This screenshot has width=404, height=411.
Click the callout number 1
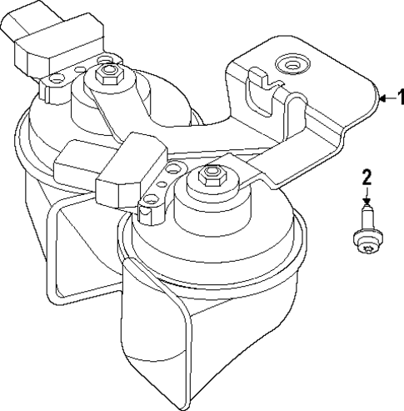(397, 98)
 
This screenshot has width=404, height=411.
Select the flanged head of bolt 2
(364, 243)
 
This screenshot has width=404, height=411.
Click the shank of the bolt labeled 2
(365, 220)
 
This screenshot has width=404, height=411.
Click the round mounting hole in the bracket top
(291, 63)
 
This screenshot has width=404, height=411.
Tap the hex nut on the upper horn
(106, 76)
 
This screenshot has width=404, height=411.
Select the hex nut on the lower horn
(209, 177)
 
